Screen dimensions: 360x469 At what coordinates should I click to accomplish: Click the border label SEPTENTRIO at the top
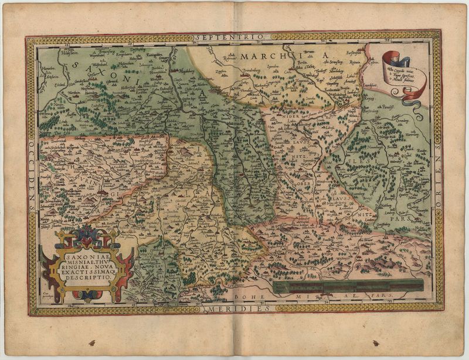coord(234,36)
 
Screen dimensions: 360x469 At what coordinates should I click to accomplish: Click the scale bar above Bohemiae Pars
coord(348,287)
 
